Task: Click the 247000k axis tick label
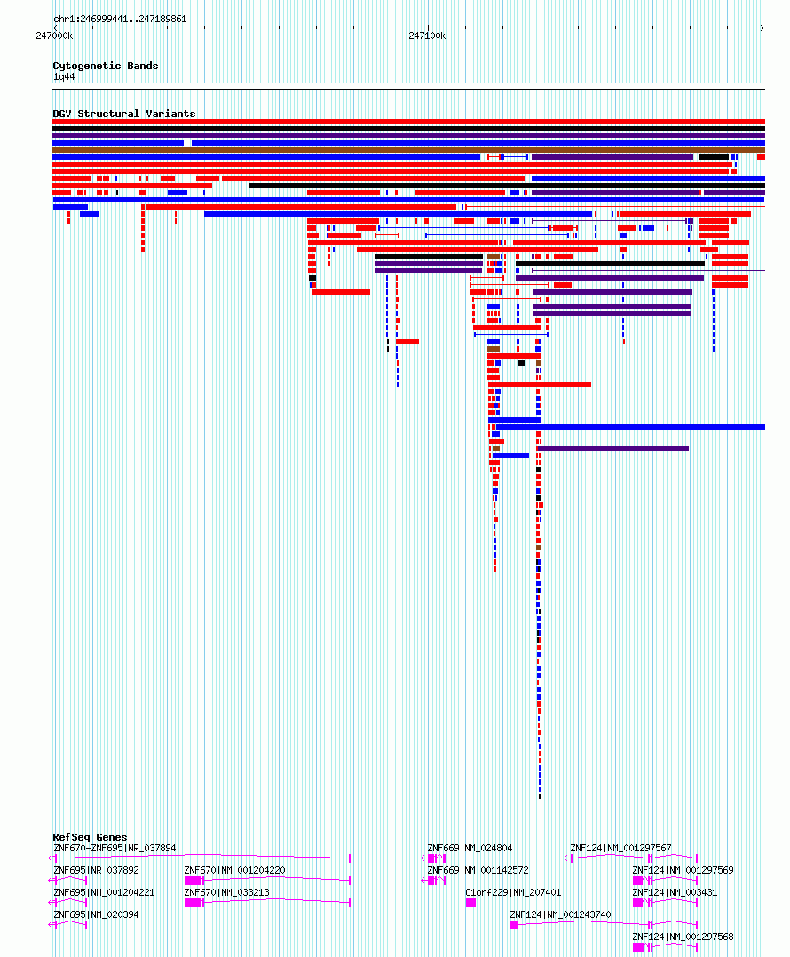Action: pyautogui.click(x=54, y=36)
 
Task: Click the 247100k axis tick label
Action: pyautogui.click(x=427, y=36)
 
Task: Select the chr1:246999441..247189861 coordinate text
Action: pyautogui.click(x=120, y=19)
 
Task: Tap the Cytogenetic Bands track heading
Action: pyautogui.click(x=106, y=66)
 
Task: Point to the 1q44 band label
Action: pyautogui.click(x=64, y=77)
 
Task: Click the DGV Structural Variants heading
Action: pyautogui.click(x=124, y=114)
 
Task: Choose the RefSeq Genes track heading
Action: pyautogui.click(x=91, y=837)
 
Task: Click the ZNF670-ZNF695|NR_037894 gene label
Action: pyautogui.click(x=115, y=849)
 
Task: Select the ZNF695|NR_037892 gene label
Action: pyautogui.click(x=97, y=870)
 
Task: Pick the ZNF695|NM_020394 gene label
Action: pyautogui.click(x=97, y=915)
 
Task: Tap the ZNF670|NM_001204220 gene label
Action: pyautogui.click(x=235, y=870)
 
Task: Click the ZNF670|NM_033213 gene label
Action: pyautogui.click(x=227, y=892)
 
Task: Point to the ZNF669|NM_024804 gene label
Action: pyautogui.click(x=470, y=849)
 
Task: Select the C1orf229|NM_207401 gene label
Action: pyautogui.click(x=513, y=892)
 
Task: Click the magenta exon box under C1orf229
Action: pyautogui.click(x=470, y=903)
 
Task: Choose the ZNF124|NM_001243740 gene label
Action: pyautogui.click(x=561, y=915)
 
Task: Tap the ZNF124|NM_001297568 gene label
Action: pyautogui.click(x=683, y=937)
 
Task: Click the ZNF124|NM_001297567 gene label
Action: pyautogui.click(x=621, y=849)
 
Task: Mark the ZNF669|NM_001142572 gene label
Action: pyautogui.click(x=478, y=870)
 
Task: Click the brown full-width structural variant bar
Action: pyautogui.click(x=408, y=150)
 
